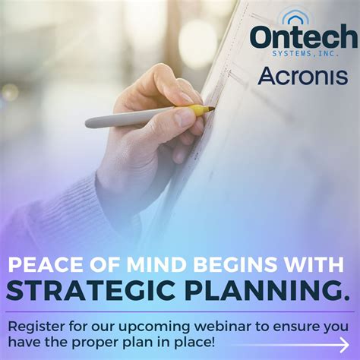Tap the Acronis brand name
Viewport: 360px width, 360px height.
click(302, 76)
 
